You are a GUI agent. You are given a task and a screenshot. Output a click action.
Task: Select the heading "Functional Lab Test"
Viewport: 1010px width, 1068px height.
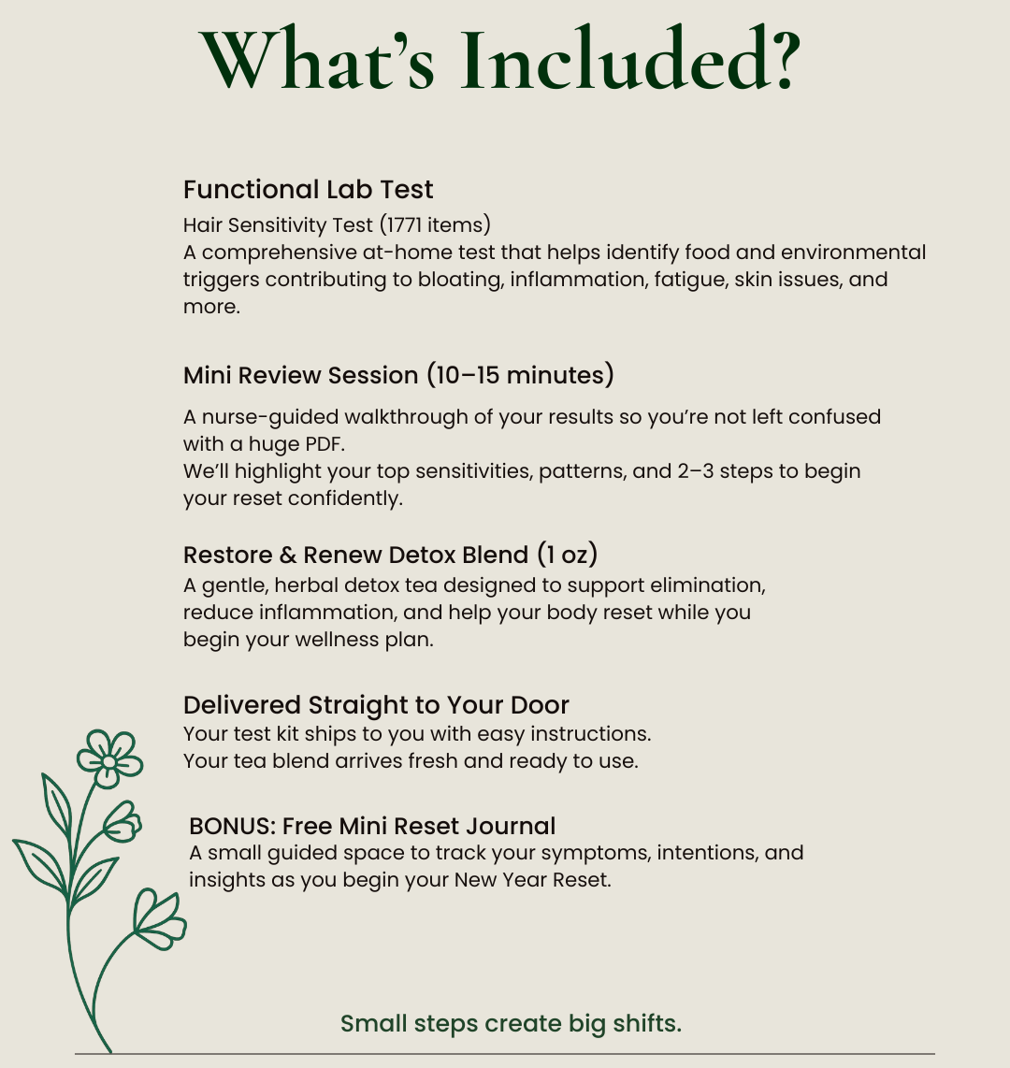pos(308,190)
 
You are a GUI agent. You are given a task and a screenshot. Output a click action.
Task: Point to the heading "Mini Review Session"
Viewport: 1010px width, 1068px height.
pos(300,376)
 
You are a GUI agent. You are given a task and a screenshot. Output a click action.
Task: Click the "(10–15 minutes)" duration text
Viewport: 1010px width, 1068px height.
pos(520,376)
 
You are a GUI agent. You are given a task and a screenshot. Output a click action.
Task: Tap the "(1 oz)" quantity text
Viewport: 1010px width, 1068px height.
pos(567,555)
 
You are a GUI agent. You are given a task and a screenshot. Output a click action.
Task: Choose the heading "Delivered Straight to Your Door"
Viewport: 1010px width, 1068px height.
pos(376,705)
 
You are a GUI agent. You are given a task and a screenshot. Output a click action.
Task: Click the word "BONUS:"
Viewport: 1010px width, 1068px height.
pos(232,827)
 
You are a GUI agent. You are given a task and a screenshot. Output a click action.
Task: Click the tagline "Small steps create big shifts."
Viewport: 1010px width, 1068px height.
pos(511,1023)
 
